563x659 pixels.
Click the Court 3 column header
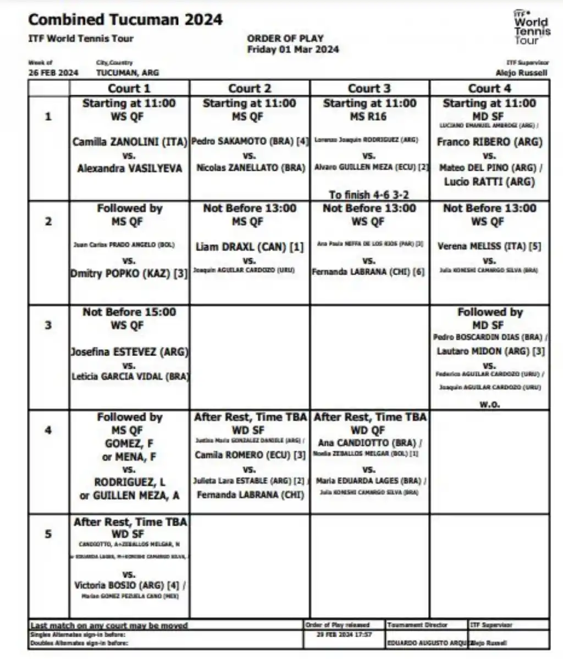369,88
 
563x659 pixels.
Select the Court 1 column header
129,88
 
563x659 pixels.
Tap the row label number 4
48,430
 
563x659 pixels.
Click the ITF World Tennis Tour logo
531,27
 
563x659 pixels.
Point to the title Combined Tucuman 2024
125,20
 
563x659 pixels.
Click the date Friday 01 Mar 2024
293,49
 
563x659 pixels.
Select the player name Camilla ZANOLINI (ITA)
130,142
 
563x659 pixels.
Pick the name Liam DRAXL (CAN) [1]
250,247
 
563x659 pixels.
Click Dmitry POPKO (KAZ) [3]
129,273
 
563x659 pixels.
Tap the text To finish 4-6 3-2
369,195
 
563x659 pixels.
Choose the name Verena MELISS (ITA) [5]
489,247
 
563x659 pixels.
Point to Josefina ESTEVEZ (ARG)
130,351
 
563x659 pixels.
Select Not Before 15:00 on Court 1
129,312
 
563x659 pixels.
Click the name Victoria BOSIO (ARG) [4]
130,585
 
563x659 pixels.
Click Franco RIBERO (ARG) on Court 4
489,142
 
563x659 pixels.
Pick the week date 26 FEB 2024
53,72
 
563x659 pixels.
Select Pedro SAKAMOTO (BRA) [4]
250,142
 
